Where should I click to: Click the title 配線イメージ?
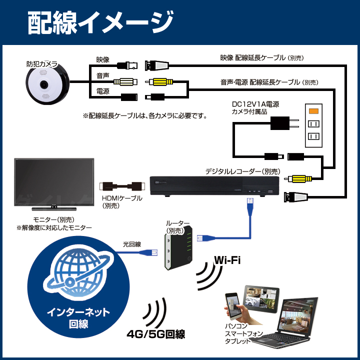(x=100, y=23)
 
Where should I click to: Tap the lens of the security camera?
(x=44, y=84)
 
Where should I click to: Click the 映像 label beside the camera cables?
(x=102, y=59)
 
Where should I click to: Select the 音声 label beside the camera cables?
(x=102, y=75)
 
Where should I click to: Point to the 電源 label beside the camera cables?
(x=102, y=91)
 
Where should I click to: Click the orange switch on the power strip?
(x=313, y=111)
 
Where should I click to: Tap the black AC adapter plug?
(x=284, y=123)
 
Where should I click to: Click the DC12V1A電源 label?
(x=255, y=104)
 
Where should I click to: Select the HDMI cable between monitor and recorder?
(x=122, y=186)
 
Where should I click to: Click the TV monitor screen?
(x=54, y=182)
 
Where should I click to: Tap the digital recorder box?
(x=214, y=186)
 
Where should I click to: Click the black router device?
(x=178, y=247)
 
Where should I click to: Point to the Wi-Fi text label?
(x=227, y=260)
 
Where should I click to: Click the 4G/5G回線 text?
(x=156, y=334)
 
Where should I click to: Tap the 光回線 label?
(x=132, y=244)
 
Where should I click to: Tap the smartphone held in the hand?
(x=232, y=306)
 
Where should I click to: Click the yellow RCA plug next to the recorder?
(x=298, y=178)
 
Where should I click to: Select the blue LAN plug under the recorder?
(x=249, y=207)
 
